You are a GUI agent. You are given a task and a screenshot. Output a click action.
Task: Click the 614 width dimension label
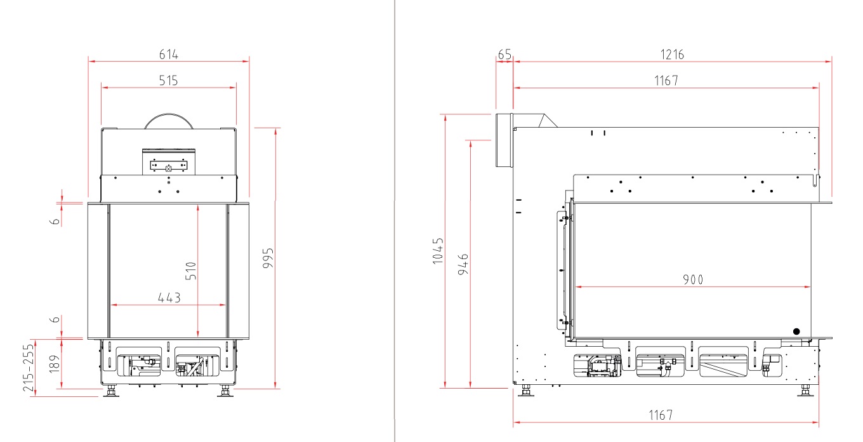pos(169,55)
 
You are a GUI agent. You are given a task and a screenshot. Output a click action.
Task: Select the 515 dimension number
pos(168,81)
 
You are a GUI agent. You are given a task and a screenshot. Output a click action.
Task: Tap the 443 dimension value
pos(169,298)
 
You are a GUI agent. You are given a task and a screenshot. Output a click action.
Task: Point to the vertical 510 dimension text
pos(191,271)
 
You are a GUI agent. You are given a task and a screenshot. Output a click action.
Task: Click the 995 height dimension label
pos(268,258)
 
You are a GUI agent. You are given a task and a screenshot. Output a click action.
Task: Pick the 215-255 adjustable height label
pos(29,368)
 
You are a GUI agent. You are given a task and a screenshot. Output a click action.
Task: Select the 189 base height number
pos(55,364)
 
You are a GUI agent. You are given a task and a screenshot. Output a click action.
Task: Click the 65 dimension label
pos(504,55)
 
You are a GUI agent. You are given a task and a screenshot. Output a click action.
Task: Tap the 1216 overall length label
pos(672,55)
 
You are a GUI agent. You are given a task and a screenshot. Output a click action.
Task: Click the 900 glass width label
pos(693,279)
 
